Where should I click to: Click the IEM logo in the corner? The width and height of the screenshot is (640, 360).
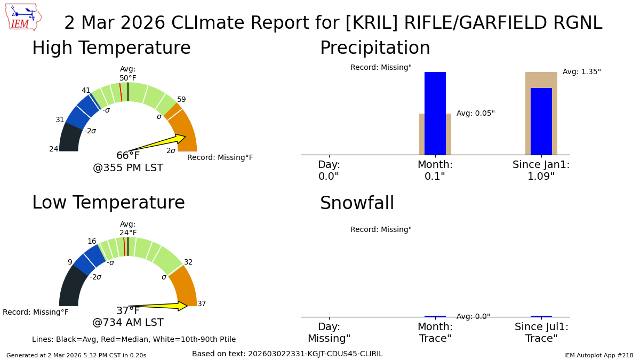click(x=23, y=17)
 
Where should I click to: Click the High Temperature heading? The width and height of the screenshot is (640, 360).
click(x=111, y=49)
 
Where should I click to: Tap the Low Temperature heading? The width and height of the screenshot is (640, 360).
click(x=108, y=203)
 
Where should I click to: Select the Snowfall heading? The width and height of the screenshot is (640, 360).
click(x=357, y=204)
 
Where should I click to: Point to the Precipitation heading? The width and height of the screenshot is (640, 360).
click(x=374, y=49)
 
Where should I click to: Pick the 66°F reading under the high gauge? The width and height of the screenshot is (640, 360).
click(x=128, y=156)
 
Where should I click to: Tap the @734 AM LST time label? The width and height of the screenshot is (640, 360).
click(x=128, y=323)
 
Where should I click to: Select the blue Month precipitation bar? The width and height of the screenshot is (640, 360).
click(x=435, y=113)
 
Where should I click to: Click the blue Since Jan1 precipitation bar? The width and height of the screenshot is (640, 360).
click(x=541, y=122)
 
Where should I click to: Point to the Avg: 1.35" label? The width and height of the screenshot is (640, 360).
click(x=581, y=72)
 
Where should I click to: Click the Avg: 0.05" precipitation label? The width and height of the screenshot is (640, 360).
click(x=475, y=114)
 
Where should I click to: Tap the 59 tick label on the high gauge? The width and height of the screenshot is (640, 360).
click(x=181, y=100)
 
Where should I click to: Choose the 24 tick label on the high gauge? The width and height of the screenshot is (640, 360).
click(x=54, y=149)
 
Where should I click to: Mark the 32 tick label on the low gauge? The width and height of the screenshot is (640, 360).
click(x=188, y=262)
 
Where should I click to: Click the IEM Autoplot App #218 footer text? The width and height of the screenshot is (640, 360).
click(x=598, y=355)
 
